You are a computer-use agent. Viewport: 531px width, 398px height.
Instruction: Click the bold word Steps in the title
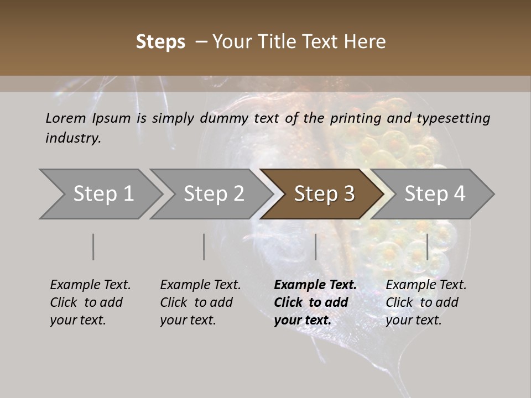click(160, 42)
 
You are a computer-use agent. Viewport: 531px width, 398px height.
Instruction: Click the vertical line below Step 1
click(93, 247)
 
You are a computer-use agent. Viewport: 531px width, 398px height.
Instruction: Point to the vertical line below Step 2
click(204, 247)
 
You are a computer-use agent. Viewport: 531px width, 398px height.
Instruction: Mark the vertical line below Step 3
click(315, 247)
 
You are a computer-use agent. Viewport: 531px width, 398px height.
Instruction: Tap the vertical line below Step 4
click(428, 247)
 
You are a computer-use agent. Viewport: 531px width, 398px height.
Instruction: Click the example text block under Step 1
click(90, 302)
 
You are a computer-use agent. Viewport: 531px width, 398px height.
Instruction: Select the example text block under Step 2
click(200, 302)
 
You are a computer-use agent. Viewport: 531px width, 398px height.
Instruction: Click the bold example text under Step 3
click(315, 302)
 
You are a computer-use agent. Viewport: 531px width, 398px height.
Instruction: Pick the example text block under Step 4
click(426, 302)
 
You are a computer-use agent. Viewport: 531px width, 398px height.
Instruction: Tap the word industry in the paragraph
click(72, 138)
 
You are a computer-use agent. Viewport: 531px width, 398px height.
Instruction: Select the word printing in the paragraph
click(354, 118)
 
